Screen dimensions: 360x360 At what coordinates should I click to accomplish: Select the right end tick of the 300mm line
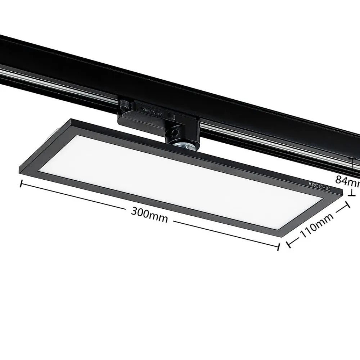[x=278, y=247]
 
